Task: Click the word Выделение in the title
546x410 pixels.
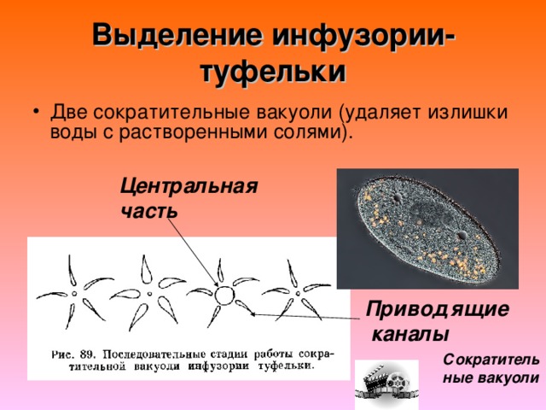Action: [177, 35]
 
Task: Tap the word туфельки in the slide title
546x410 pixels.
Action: [273, 72]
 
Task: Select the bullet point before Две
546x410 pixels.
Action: [35, 112]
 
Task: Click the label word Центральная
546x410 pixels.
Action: [189, 186]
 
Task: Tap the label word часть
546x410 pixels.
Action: [149, 211]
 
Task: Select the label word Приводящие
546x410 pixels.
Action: [438, 310]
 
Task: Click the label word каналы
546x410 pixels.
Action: [410, 335]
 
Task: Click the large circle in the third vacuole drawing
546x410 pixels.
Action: [224, 296]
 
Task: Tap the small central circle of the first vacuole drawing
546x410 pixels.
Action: [74, 294]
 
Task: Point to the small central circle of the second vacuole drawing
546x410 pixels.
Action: [150, 294]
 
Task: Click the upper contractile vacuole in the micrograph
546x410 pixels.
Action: [397, 198]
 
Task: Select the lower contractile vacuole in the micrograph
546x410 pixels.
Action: [462, 236]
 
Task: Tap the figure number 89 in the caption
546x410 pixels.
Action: [87, 354]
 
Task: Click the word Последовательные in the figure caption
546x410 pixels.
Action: [154, 354]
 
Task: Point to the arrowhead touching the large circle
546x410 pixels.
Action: [216, 284]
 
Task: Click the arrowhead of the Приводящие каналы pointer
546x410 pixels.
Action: [254, 313]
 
